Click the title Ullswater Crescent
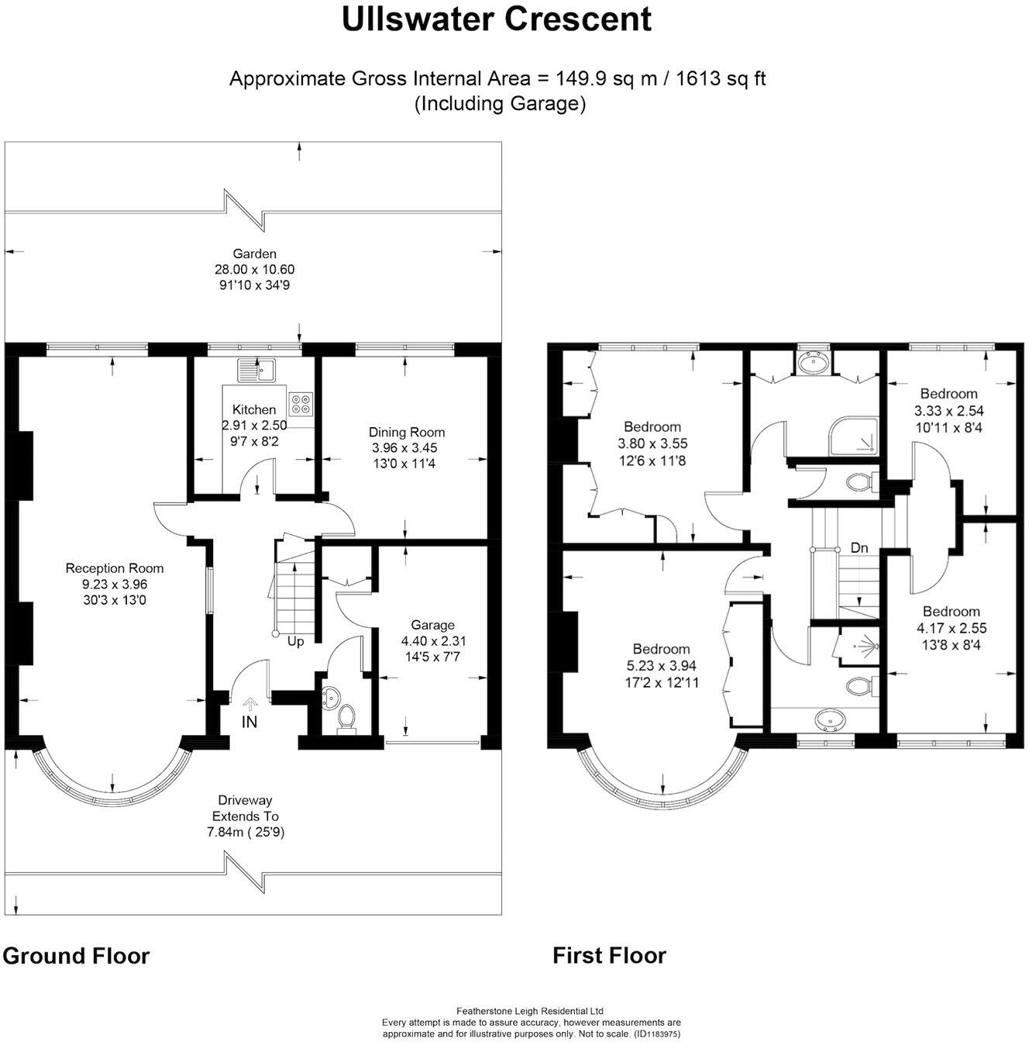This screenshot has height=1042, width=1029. point(497,19)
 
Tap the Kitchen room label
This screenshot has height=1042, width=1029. point(254,409)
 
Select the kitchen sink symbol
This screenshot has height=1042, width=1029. point(257,371)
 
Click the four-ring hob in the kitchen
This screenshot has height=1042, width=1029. point(300,403)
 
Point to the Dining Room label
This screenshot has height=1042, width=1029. point(407,432)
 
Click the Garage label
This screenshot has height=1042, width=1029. point(433,625)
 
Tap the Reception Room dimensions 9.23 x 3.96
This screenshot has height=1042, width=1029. point(115,584)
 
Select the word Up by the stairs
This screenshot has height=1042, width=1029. point(296,641)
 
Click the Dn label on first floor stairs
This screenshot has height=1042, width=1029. point(859,547)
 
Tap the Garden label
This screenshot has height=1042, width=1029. point(255,254)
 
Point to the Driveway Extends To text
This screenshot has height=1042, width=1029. point(246,808)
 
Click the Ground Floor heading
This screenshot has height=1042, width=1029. point(76,955)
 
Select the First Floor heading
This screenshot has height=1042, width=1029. point(609,955)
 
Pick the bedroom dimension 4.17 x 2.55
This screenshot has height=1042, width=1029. point(952,628)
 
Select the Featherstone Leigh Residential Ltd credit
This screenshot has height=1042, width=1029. point(530,1011)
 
